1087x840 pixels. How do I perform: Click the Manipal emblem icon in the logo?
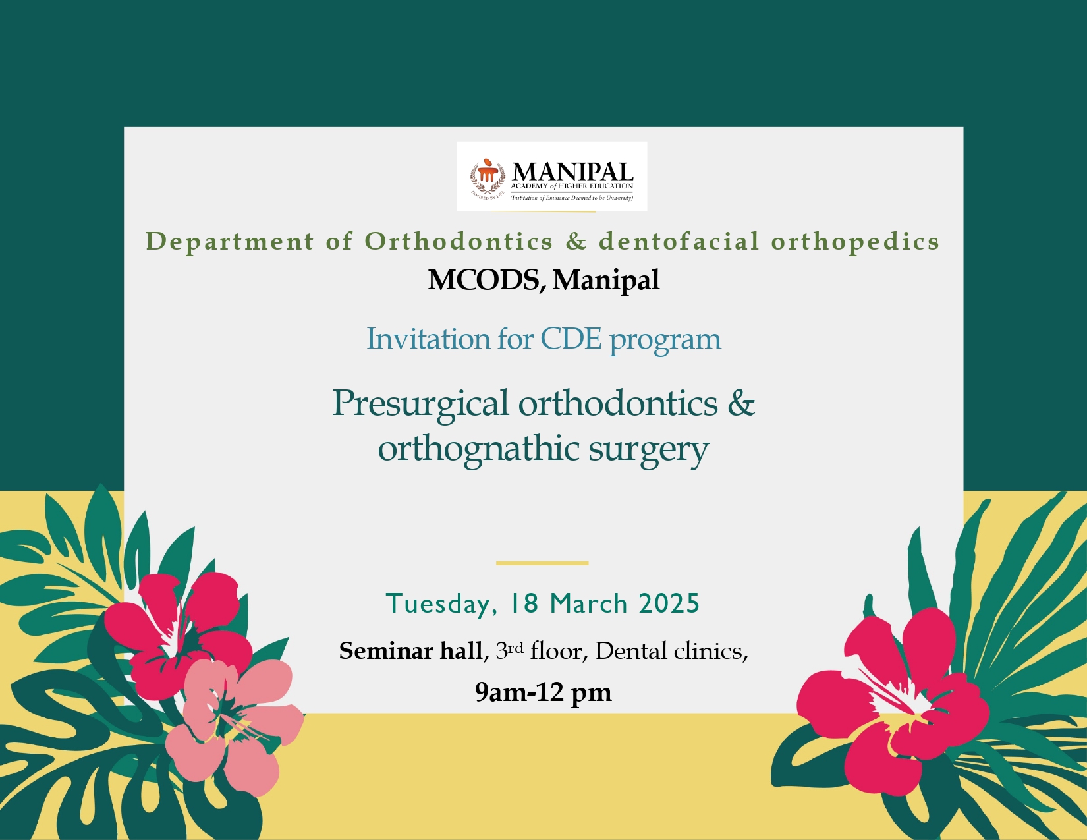click(x=487, y=178)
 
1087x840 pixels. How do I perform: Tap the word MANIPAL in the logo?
click(x=572, y=173)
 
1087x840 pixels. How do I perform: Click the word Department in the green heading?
click(x=230, y=242)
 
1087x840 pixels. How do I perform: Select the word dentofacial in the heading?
click(x=679, y=241)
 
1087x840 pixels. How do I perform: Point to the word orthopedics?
click(x=855, y=242)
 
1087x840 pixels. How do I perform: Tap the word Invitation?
click(x=429, y=339)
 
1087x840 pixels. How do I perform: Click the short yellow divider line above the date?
click(x=542, y=563)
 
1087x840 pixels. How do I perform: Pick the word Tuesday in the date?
click(x=441, y=604)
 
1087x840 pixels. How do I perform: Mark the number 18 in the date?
click(x=524, y=603)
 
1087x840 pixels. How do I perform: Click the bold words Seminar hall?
click(x=411, y=652)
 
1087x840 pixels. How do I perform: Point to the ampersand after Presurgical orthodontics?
click(x=741, y=403)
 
